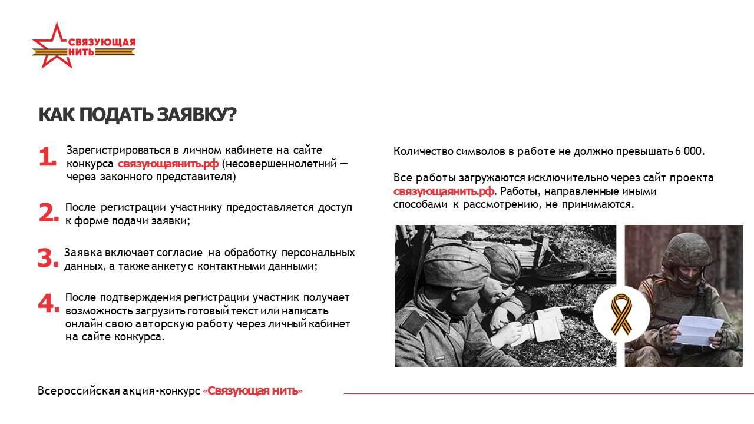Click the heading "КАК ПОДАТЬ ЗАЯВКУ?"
pos(138,115)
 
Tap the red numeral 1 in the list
pos(48,157)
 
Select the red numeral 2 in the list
pos(49,213)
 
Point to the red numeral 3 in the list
pos(48,258)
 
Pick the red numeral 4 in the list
pos(49,303)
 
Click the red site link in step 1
pos(168,164)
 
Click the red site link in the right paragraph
pos(444,191)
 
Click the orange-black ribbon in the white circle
pos(621,314)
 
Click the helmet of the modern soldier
pos(687,250)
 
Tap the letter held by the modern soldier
pos(699,330)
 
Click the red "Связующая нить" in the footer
pos(253,390)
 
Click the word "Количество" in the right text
pos(423,151)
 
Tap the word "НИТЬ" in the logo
pos(81,52)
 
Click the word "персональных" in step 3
pos(318,253)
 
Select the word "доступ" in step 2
pos(335,208)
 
